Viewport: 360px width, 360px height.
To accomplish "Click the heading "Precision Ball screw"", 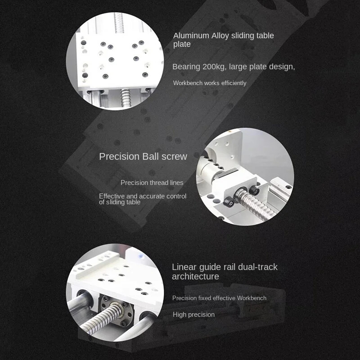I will pos(143,157).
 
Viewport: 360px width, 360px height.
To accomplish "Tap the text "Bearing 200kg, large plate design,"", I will pos(234,67).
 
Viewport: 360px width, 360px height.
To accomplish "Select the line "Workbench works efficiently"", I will pos(210,83).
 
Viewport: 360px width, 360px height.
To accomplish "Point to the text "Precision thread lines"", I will pos(152,183).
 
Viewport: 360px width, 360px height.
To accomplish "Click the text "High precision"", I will pos(193,315).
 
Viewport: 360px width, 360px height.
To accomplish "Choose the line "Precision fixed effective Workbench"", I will pos(219,298).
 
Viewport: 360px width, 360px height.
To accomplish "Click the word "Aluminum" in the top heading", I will pos(192,36).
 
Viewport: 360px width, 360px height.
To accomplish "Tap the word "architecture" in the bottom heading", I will pos(195,276).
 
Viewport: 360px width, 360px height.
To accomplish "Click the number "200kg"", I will pos(214,67).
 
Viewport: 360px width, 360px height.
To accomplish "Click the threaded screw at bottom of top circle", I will pos(125,96).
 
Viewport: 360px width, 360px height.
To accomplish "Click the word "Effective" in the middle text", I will pos(112,196).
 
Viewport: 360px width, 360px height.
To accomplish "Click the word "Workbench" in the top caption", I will pos(188,83).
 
